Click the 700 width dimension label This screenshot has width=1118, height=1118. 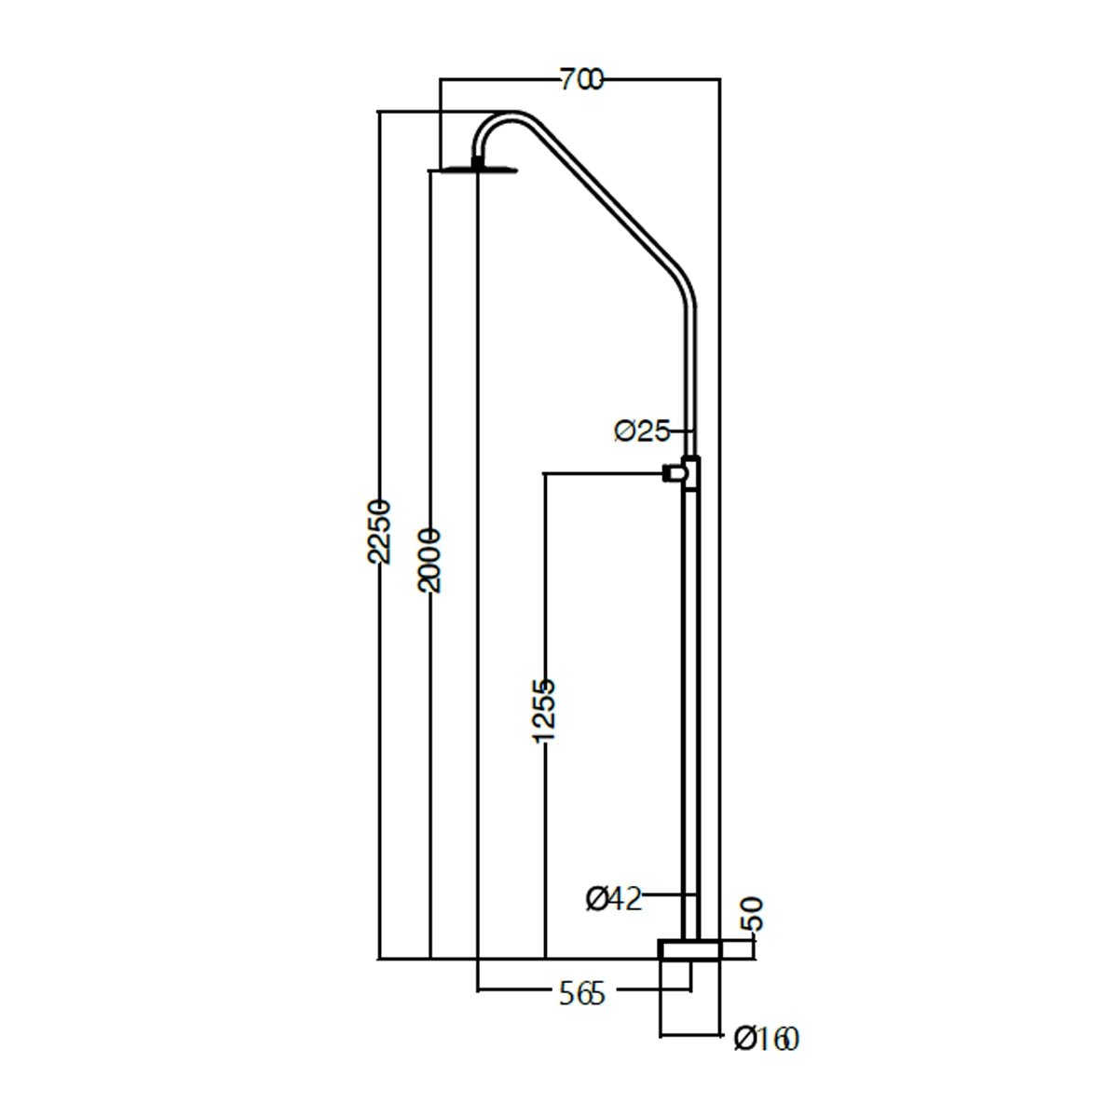click(581, 79)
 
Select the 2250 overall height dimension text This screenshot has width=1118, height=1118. click(379, 530)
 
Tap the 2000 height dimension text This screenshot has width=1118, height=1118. click(429, 560)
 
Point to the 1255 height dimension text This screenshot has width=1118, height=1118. click(544, 711)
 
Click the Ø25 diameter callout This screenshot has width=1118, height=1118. click(642, 431)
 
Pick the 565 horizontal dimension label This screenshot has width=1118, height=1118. click(582, 994)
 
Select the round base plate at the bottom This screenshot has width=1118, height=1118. click(689, 950)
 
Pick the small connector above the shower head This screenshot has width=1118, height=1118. click(478, 162)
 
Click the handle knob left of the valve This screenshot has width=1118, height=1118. click(673, 473)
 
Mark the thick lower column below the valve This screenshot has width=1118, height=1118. click(691, 716)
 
